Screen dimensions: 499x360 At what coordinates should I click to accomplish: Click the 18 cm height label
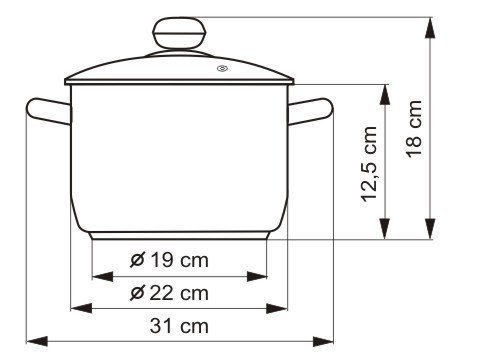(414, 129)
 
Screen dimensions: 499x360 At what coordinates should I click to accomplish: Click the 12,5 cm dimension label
(369, 164)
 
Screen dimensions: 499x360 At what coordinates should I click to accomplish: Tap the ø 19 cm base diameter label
(169, 260)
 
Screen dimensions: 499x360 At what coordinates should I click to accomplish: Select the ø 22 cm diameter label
(169, 293)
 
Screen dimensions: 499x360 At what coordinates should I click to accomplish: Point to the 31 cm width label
(179, 326)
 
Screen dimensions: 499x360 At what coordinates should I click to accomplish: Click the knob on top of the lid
(179, 34)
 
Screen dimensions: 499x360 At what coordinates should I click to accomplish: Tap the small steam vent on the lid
(222, 69)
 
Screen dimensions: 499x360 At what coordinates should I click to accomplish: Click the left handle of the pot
(49, 111)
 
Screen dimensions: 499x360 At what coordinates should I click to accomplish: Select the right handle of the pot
(310, 111)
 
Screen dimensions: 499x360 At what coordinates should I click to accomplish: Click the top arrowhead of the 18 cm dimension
(430, 28)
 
